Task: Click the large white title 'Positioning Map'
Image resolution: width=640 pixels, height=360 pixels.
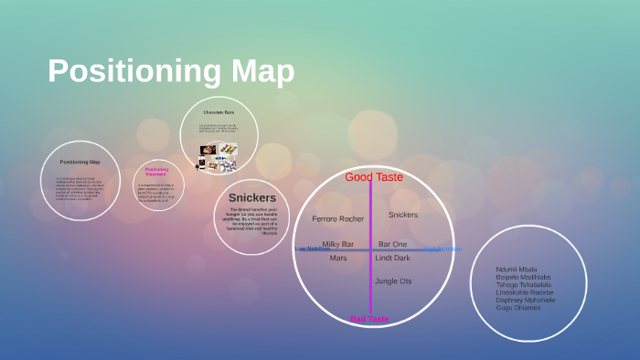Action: point(171,71)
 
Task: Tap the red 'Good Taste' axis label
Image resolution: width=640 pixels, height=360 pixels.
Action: point(374,177)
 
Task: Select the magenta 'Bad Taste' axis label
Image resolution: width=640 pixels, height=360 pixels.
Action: point(369,319)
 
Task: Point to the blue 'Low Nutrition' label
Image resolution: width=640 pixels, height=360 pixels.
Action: point(313,249)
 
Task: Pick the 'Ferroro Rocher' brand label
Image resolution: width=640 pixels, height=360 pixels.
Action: point(338,219)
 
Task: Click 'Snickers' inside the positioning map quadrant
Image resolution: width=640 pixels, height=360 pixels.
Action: point(403,215)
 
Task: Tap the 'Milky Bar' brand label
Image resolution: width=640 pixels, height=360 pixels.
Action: point(338,244)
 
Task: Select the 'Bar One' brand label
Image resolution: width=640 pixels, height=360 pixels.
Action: point(393,244)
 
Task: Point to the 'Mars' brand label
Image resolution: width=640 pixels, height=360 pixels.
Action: point(338,259)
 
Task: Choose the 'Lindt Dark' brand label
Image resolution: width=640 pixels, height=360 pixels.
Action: point(393,259)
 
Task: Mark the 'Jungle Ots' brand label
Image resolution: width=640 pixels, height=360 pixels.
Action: point(393,281)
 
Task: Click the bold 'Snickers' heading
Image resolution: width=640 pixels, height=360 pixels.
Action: point(251,197)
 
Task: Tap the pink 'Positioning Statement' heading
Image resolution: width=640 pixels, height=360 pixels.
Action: point(156,171)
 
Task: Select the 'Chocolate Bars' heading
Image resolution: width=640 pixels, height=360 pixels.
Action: point(219,112)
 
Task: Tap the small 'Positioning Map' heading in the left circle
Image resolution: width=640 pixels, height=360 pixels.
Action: point(80,162)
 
